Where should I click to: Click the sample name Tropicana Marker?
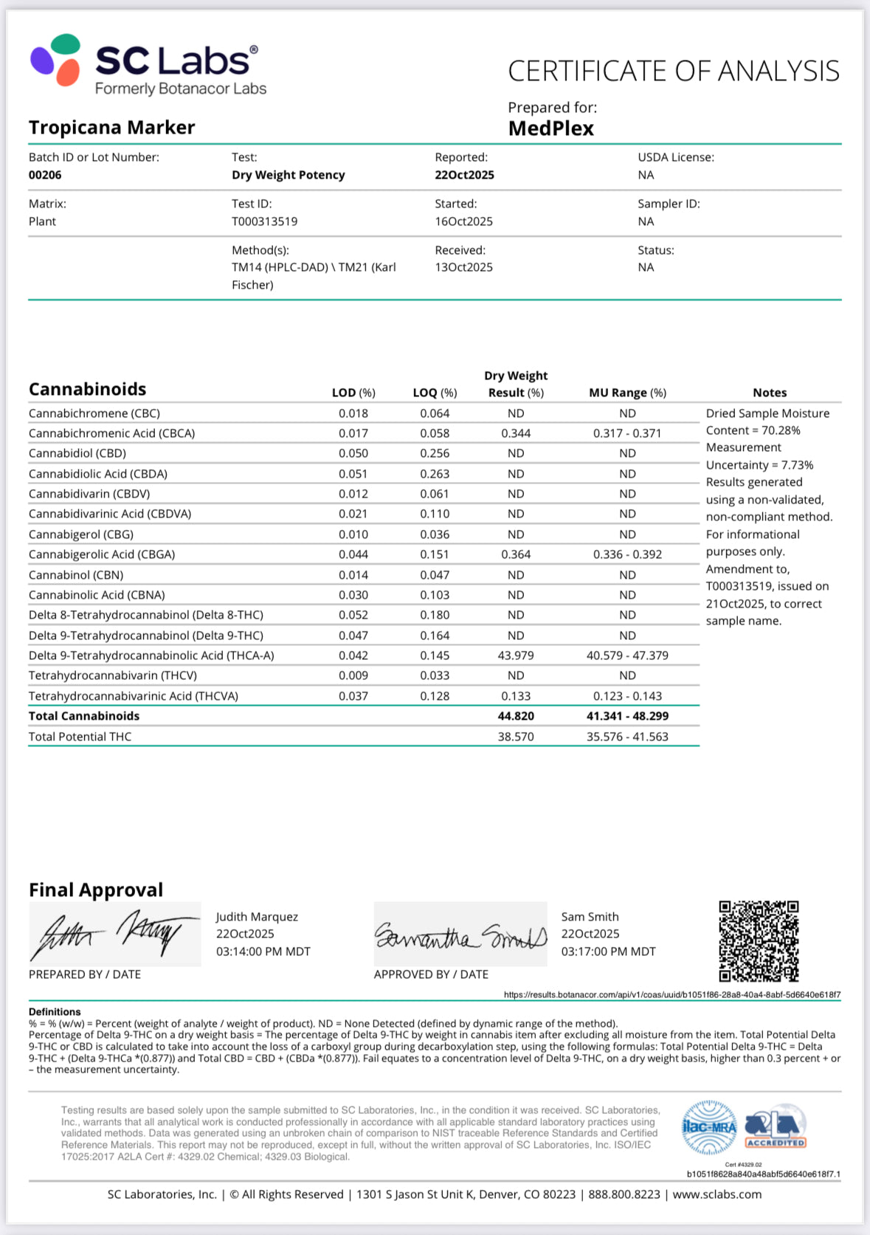pos(112,128)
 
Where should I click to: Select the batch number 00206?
pos(45,175)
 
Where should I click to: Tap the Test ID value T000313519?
pos(264,221)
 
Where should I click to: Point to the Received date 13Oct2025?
pos(463,267)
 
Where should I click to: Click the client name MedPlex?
pos(550,128)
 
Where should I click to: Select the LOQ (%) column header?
pos(435,393)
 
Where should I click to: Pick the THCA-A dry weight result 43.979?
pos(516,656)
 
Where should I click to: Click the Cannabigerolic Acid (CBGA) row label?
pos(102,554)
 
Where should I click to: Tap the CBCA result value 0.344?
pos(516,433)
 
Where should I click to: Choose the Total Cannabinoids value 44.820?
pos(516,716)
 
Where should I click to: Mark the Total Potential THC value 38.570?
pos(516,737)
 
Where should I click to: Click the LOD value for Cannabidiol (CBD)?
pos(353,453)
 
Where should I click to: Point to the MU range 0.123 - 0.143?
pos(627,696)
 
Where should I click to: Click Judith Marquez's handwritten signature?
pos(114,933)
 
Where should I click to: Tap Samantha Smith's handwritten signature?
pos(460,935)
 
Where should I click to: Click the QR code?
pos(759,940)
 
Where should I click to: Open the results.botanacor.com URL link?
pos(672,995)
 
